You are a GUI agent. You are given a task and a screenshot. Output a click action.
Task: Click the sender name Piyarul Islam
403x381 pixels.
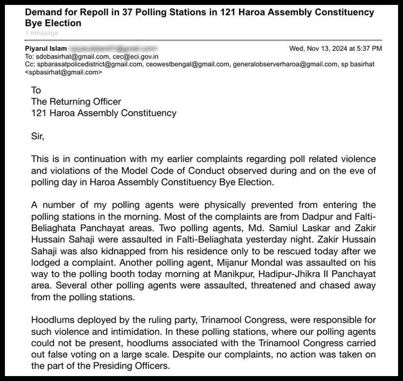(46, 48)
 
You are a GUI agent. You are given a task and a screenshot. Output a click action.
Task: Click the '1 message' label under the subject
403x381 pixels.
(42, 33)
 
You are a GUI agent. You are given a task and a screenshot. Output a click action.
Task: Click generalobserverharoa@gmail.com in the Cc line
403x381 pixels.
(284, 64)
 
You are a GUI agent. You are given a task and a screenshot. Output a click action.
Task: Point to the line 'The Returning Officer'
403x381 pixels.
(76, 102)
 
